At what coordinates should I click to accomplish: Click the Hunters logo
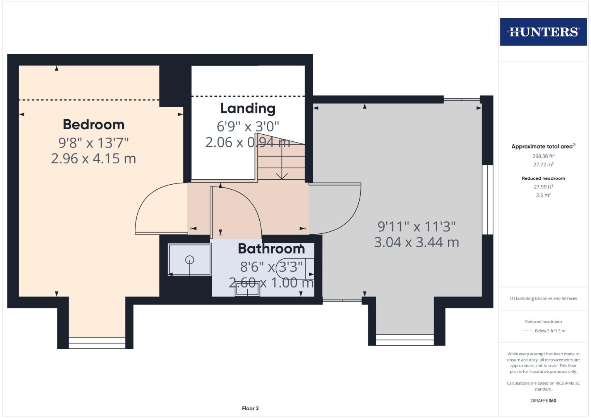point(543,32)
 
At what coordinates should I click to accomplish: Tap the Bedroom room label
point(94,125)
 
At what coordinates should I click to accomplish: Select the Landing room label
point(248,108)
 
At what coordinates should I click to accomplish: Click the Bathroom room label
point(271,248)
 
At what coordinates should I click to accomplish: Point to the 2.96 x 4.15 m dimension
point(94,159)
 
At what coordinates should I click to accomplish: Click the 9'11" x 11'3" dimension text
point(416,226)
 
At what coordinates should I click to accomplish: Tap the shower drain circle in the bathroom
point(190,260)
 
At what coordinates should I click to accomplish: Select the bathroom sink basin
point(248,290)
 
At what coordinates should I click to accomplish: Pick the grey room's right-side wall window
point(487,200)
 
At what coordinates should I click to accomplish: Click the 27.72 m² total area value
point(543,164)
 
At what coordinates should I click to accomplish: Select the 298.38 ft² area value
point(543,156)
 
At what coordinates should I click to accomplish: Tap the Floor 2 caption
point(250,408)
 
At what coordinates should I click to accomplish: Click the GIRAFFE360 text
point(543,401)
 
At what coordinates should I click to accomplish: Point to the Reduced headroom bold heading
point(543,178)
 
